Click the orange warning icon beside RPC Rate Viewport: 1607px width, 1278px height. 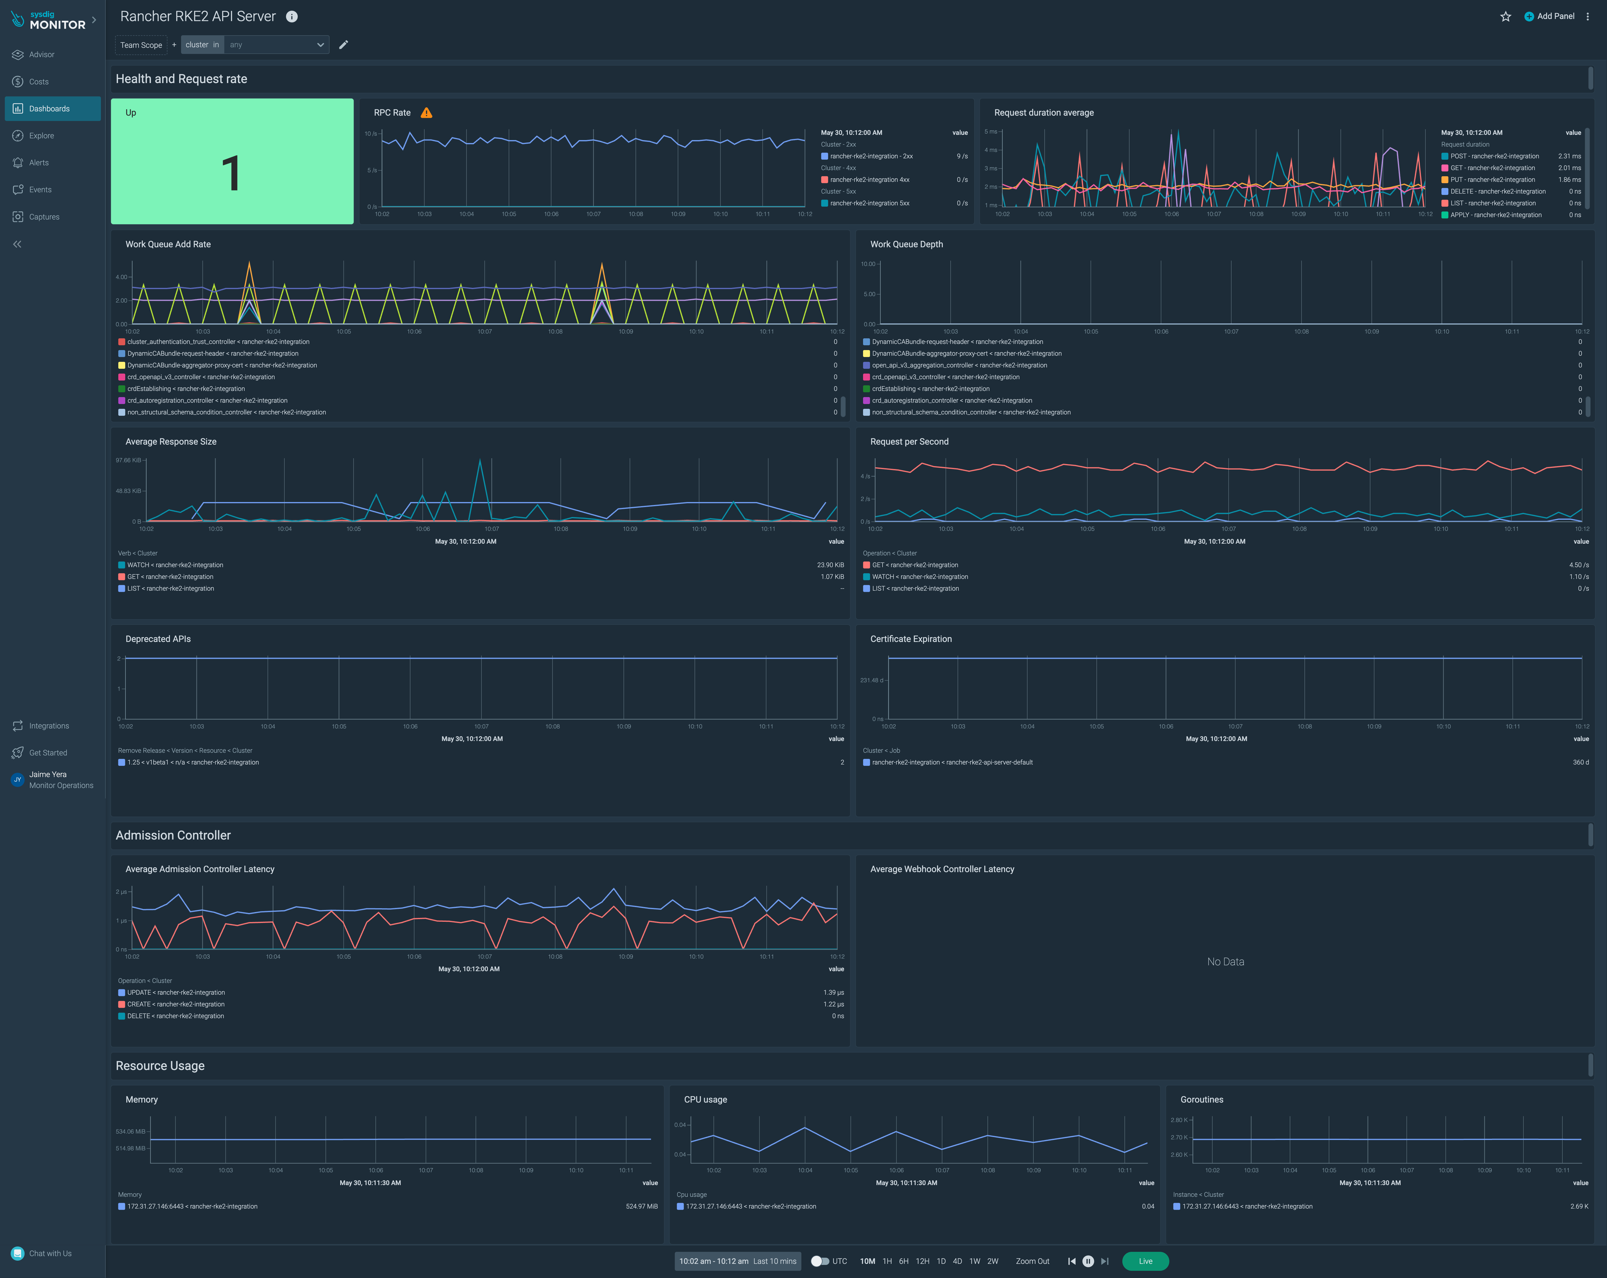(x=426, y=112)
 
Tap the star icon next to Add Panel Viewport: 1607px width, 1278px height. (x=1505, y=16)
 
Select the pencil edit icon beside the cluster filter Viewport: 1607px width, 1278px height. (x=344, y=45)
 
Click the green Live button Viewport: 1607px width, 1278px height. (x=1145, y=1261)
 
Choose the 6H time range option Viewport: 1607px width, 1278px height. (x=903, y=1261)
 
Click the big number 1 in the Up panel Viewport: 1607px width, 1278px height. (x=231, y=174)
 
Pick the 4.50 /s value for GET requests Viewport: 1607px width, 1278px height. (x=1578, y=565)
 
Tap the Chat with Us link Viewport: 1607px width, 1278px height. (x=50, y=1253)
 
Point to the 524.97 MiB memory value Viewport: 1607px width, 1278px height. (x=641, y=1206)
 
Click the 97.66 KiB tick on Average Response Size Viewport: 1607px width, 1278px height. (x=128, y=461)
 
